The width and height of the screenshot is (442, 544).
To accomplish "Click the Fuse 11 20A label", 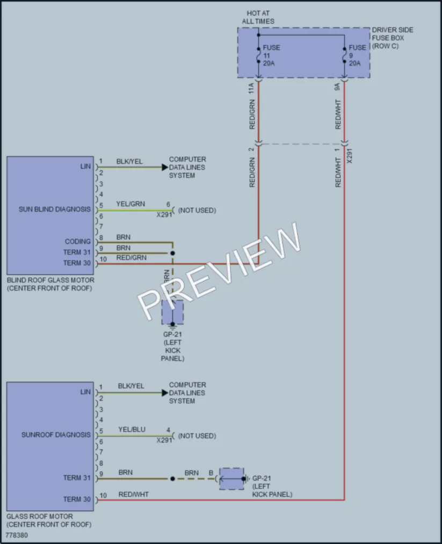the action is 271,55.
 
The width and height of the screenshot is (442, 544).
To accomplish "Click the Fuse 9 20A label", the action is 357,55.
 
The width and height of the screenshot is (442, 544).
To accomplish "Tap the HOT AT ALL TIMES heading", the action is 258,17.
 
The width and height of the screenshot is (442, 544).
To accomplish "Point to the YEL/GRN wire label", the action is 131,204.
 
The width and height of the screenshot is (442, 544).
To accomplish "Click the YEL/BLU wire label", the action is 132,430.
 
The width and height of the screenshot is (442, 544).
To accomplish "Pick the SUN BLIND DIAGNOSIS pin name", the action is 54,209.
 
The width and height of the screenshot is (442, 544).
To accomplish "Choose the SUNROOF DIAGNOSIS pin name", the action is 56,435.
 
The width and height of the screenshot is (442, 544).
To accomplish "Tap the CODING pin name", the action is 78,242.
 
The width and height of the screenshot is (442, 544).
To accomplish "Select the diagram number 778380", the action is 17,535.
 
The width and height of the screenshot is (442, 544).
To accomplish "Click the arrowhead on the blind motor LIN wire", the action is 165,167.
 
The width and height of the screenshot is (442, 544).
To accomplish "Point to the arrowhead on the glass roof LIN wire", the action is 165,393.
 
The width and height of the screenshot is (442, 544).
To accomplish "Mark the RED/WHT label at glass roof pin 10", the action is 134,495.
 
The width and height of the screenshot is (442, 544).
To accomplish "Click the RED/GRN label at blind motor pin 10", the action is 132,258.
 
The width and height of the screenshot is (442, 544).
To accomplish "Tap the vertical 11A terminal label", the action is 251,89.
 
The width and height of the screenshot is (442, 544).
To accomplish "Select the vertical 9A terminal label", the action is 337,87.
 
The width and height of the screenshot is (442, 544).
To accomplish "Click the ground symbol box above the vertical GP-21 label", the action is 172,313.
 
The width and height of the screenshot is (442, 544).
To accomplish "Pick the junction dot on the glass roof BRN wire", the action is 172,479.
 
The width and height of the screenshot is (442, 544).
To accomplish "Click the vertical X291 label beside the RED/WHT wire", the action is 350,156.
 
